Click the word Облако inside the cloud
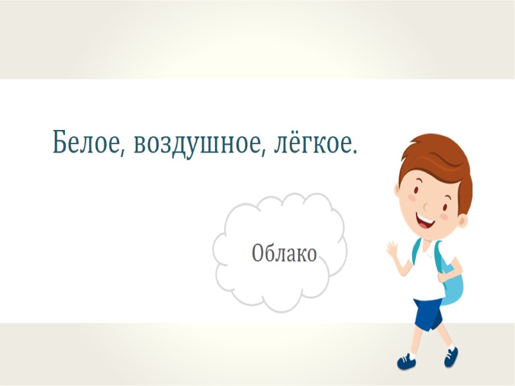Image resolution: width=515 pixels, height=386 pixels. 284,253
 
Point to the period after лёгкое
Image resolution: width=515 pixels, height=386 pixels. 355,152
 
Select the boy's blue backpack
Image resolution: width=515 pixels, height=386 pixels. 454,283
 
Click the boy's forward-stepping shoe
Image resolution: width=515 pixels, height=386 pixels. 407,361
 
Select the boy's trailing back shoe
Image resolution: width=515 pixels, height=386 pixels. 451,356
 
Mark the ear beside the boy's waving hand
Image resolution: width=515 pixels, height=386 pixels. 398,190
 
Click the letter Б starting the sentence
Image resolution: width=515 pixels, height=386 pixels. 61,142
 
